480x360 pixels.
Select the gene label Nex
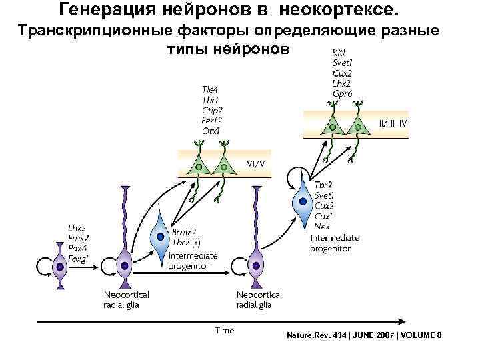(321, 227)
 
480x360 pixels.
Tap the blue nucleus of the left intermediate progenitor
(159, 236)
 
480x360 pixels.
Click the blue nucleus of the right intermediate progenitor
(304, 199)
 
